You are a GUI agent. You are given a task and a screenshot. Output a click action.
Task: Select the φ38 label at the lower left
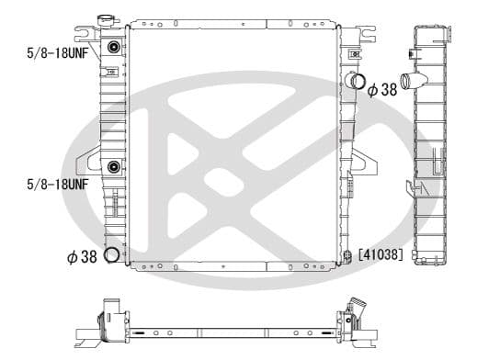(81, 257)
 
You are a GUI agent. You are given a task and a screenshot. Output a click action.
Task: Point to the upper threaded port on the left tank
(113, 49)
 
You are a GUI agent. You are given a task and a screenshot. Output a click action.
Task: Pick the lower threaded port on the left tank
(113, 167)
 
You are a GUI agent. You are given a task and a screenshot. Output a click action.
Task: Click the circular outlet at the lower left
(113, 256)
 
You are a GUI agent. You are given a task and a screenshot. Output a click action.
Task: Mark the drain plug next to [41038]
(347, 257)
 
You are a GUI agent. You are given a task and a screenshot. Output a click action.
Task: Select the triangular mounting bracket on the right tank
(368, 162)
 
